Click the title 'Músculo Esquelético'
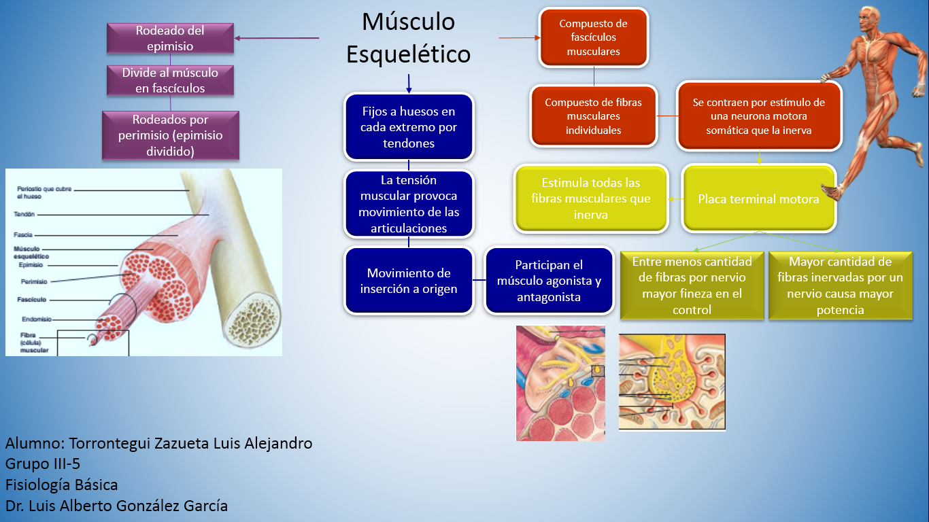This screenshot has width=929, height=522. pyautogui.click(x=408, y=38)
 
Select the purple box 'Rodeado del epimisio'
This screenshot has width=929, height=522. pyautogui.click(x=170, y=39)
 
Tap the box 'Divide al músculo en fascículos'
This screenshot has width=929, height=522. pyautogui.click(x=170, y=80)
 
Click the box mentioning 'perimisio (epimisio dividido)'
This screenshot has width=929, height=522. pyautogui.click(x=170, y=136)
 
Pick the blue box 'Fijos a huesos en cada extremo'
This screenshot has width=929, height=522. pyautogui.click(x=409, y=127)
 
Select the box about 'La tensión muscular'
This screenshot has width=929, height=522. pyautogui.click(x=409, y=204)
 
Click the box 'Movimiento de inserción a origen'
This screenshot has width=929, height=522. pyautogui.click(x=409, y=281)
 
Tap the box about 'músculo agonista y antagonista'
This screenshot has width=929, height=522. pyautogui.click(x=549, y=281)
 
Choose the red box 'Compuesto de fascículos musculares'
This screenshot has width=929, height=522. pyautogui.click(x=593, y=37)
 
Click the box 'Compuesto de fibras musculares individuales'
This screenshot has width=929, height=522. pyautogui.click(x=593, y=116)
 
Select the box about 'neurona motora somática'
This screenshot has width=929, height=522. pyautogui.click(x=759, y=116)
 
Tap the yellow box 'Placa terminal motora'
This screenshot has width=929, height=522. pyautogui.click(x=759, y=199)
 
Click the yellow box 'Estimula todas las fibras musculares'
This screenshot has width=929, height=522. pyautogui.click(x=590, y=198)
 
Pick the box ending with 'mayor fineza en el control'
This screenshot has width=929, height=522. pyautogui.click(x=692, y=285)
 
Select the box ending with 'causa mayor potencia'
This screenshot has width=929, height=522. pyautogui.click(x=840, y=285)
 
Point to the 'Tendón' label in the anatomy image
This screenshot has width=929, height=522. pyautogui.click(x=24, y=214)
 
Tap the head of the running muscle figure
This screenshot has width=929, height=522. pyautogui.click(x=870, y=20)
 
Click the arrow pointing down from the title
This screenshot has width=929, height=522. pyautogui.click(x=409, y=84)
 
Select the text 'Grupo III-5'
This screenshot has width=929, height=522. pyautogui.click(x=42, y=464)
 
